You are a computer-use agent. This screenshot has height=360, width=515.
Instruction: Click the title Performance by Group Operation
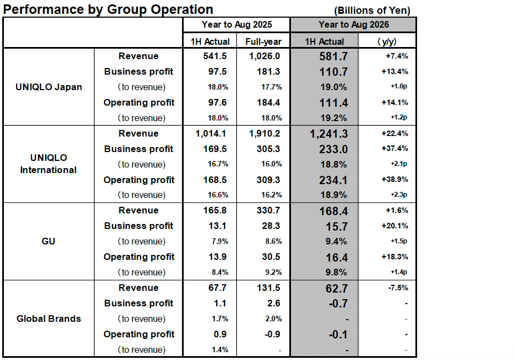point(108,9)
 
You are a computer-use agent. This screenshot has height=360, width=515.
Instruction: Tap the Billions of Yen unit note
point(372,11)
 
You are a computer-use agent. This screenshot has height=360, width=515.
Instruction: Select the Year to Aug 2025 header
point(236,25)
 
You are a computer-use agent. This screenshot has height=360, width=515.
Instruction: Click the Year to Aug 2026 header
point(353,25)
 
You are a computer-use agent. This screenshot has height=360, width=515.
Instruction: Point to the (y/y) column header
point(387,41)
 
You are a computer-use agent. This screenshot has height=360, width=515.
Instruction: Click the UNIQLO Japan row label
point(49,87)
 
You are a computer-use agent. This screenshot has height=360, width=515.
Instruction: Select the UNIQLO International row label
point(49,164)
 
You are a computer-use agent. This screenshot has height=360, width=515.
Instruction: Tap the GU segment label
point(49,241)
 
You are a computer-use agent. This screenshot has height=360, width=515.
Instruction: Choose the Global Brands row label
point(49,319)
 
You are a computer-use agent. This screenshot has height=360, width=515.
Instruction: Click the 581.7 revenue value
point(333,56)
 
